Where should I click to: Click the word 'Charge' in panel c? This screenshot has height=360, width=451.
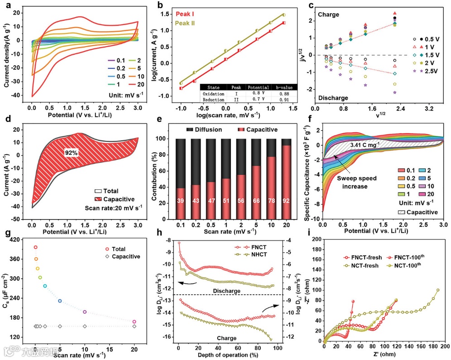click(331, 14)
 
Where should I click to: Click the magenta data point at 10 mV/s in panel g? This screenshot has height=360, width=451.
click(85, 312)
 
